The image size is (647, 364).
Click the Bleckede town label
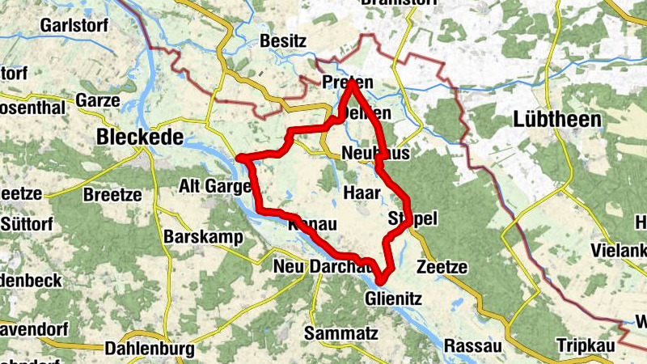point(139,138)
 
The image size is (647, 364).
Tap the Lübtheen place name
point(557,120)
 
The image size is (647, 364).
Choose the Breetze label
point(112,195)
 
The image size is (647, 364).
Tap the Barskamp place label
point(198,238)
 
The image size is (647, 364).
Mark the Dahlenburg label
point(150,349)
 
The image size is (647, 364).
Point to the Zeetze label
point(442,268)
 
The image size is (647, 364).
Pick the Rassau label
point(473,345)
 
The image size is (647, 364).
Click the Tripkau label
point(585,345)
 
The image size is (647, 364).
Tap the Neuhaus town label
point(377,153)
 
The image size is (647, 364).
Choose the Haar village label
point(362,193)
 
